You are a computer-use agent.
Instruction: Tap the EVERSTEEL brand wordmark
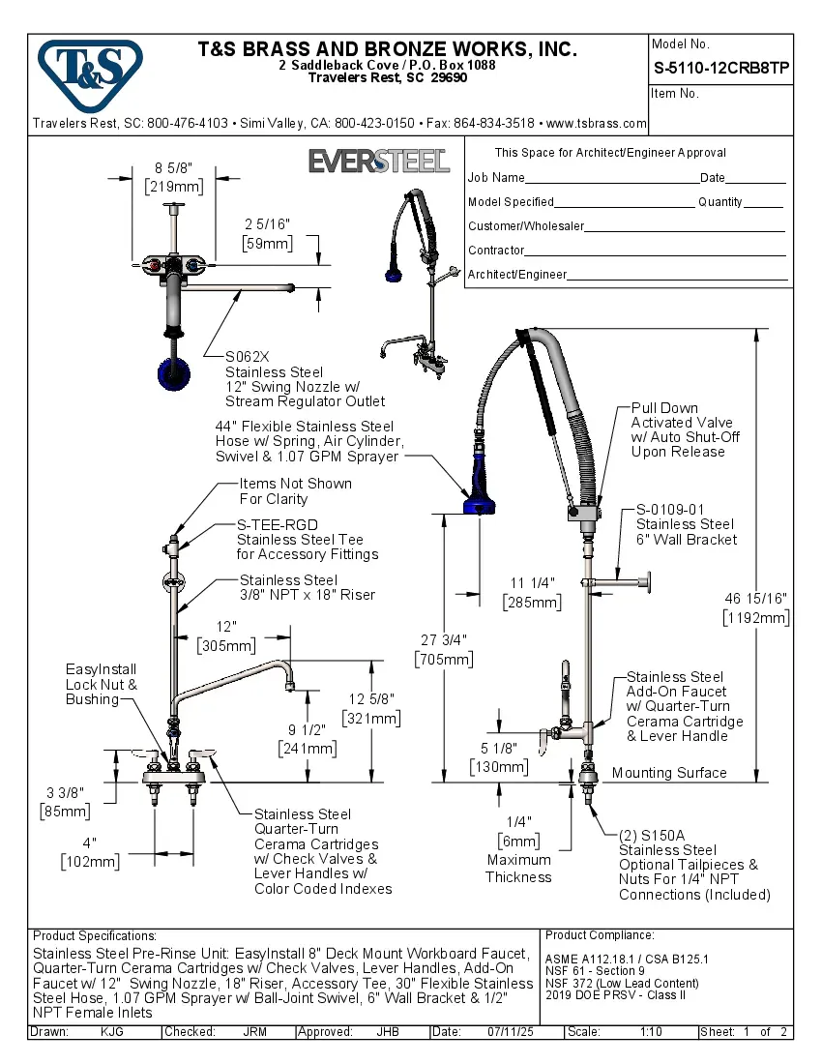tap(379, 161)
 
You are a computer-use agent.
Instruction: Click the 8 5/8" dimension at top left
tap(172, 166)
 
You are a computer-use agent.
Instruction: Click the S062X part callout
tap(245, 356)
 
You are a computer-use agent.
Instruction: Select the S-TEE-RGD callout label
tap(278, 524)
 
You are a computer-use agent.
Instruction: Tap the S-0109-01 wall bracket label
tap(670, 510)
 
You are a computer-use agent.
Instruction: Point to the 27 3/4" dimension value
tap(444, 639)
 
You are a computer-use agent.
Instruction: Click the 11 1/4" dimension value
tap(531, 582)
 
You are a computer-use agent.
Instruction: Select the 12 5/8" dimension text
tap(371, 698)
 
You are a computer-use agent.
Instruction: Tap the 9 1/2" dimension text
tap(307, 729)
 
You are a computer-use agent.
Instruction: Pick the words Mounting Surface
tap(669, 773)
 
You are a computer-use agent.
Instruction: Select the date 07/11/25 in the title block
tap(513, 1032)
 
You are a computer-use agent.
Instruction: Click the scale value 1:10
tap(650, 1032)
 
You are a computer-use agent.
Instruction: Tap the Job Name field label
tap(496, 178)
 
